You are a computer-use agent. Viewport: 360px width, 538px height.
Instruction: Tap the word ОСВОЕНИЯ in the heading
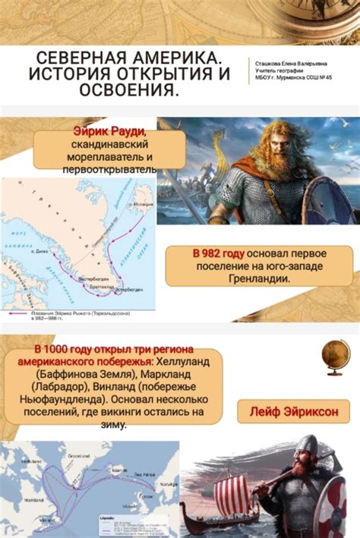[x=128, y=91]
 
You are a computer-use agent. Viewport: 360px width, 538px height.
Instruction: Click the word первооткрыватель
[x=109, y=170]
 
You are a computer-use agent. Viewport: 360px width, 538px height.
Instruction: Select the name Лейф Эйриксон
[x=299, y=411]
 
